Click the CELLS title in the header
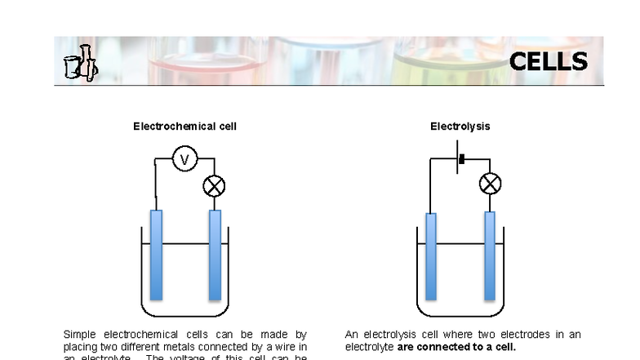[548, 62]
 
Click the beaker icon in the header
[80, 64]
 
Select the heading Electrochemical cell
[185, 127]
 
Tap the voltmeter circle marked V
[184, 159]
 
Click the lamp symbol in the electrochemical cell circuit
[214, 186]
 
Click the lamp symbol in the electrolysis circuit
[490, 184]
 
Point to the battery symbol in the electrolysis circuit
[460, 159]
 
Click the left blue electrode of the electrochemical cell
[156, 255]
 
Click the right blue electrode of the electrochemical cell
[216, 255]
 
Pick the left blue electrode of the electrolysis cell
[431, 256]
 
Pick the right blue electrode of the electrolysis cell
[490, 256]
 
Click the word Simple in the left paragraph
[79, 335]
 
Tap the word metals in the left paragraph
[180, 346]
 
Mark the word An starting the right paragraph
[352, 335]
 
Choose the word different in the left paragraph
[138, 346]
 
